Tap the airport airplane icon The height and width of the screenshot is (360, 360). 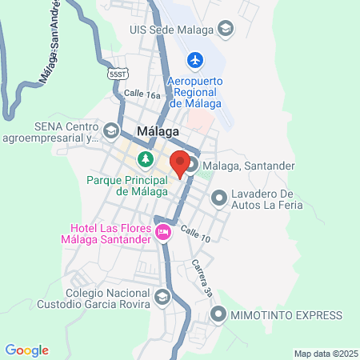click(194, 59)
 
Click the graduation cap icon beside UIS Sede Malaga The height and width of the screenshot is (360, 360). click(227, 30)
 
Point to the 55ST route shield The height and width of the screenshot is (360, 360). click(118, 74)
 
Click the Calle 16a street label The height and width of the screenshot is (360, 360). click(142, 94)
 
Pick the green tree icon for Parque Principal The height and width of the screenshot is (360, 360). click(145, 159)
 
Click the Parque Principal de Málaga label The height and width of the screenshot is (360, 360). click(127, 186)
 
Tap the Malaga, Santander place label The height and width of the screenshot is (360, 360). click(249, 166)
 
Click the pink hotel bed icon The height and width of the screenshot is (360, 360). click(164, 232)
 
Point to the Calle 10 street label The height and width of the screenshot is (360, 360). click(194, 234)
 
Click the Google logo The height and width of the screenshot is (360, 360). click(26, 350)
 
